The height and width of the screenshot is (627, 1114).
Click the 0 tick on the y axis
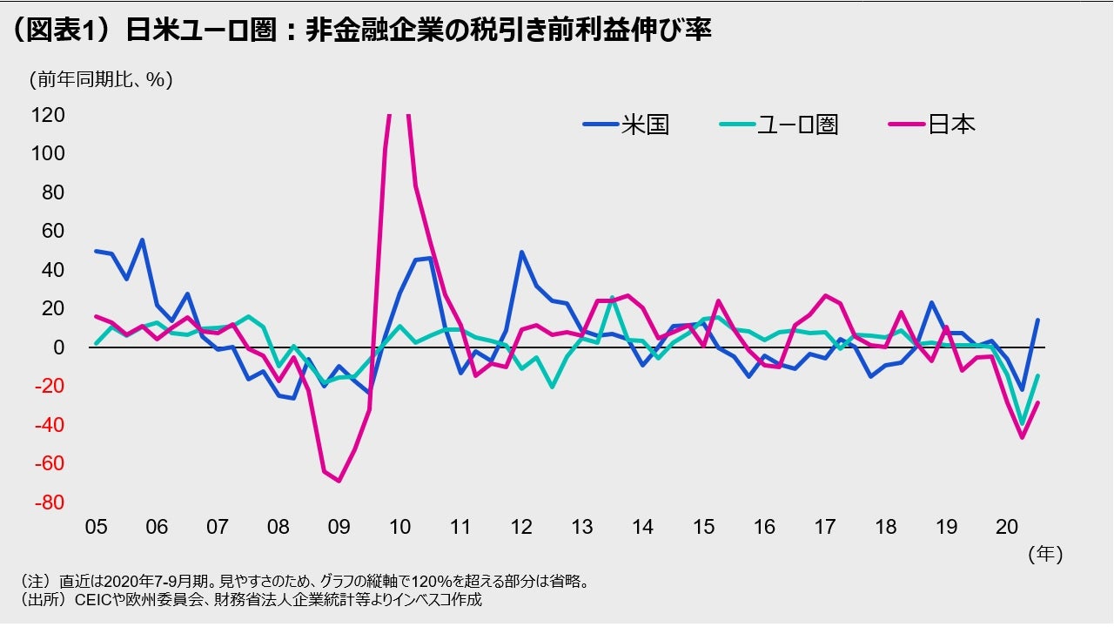click(59, 347)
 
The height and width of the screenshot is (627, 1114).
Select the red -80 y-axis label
click(48, 502)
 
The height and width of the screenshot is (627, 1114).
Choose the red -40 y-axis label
click(48, 425)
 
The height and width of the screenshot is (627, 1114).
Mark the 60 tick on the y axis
click(51, 231)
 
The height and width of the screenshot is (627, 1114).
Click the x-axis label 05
click(96, 527)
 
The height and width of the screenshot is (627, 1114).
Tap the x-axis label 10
click(399, 527)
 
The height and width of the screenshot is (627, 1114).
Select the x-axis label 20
click(1007, 527)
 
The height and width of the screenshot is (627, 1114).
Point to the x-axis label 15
click(703, 527)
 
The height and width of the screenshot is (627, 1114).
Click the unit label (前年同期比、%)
click(101, 80)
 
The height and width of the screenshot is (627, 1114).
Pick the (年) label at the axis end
click(1045, 553)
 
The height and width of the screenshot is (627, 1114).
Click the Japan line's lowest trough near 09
click(339, 481)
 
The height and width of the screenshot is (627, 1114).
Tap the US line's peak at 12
click(521, 252)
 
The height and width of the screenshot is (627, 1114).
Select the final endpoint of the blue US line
click(1037, 320)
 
